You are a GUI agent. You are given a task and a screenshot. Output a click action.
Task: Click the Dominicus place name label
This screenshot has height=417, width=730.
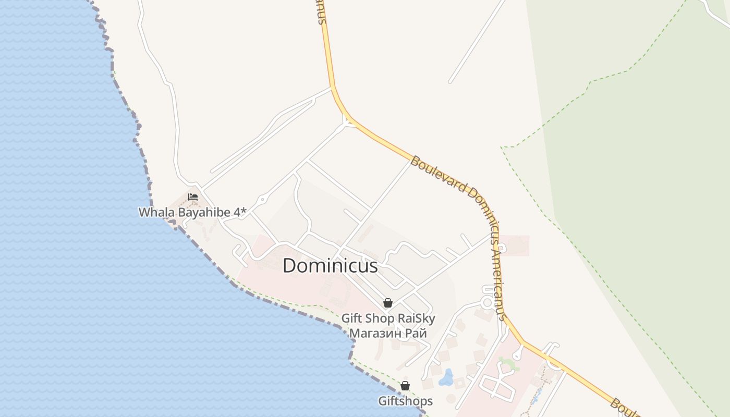tap(330, 266)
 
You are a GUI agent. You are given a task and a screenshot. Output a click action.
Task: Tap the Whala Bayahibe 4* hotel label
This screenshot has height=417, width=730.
tap(192, 212)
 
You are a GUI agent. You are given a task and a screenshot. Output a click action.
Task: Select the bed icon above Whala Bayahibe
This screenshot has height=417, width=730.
tap(193, 197)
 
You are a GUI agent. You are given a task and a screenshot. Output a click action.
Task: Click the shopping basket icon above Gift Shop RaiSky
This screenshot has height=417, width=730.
tap(387, 303)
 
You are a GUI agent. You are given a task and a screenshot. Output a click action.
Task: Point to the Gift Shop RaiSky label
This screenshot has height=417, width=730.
tap(388, 318)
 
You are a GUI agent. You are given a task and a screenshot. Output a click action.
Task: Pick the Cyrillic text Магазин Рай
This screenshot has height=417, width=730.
tap(388, 333)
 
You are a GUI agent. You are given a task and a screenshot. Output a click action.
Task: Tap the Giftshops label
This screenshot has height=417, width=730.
tap(405, 401)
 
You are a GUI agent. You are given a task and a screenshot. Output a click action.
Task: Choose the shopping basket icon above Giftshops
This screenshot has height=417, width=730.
tap(405, 386)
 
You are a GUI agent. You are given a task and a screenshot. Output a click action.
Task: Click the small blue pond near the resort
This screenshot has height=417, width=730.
tap(446, 377)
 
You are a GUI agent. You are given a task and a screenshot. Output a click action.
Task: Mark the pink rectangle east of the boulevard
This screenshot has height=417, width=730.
tap(514, 246)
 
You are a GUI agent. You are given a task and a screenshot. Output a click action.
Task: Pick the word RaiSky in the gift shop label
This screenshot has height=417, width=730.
tap(416, 318)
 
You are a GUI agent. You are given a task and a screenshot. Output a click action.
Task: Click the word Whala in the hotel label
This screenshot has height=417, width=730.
tap(153, 212)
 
